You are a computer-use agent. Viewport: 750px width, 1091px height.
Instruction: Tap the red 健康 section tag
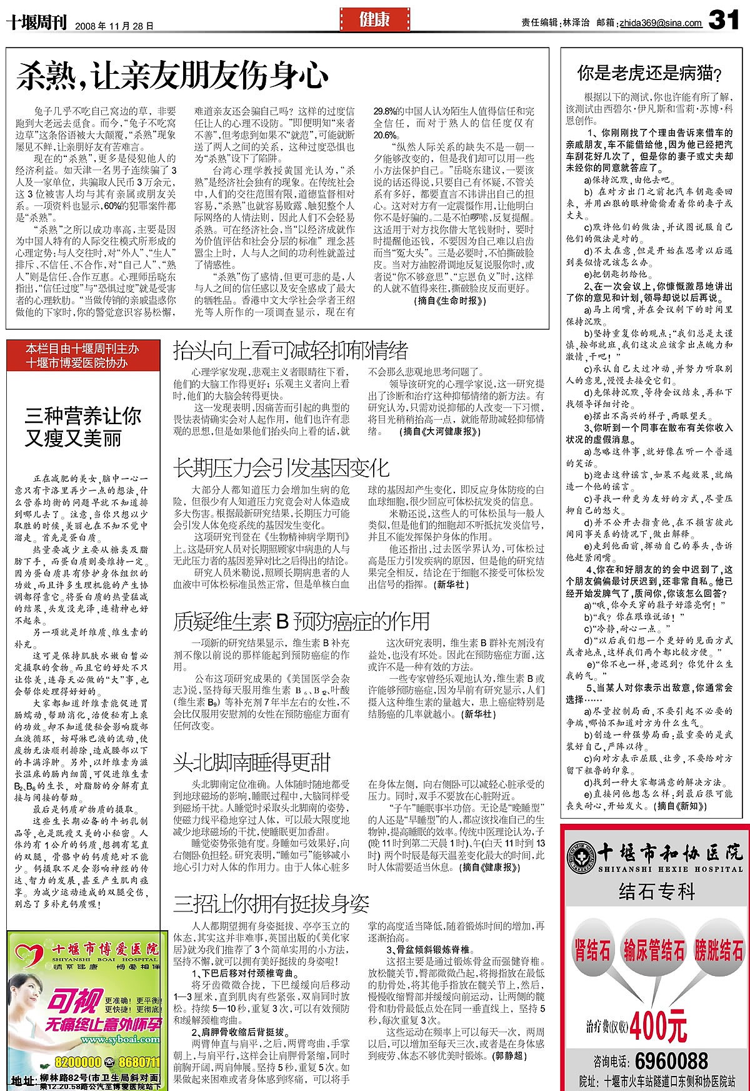[374, 19]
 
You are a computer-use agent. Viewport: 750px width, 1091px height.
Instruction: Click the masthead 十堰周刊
[36, 23]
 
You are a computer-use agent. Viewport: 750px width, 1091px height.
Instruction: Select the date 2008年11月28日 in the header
[114, 26]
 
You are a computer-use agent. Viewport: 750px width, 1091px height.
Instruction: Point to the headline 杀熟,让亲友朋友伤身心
[172, 76]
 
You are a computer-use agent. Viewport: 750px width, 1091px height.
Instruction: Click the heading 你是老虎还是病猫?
[649, 74]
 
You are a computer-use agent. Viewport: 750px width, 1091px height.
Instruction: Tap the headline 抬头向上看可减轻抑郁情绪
[291, 349]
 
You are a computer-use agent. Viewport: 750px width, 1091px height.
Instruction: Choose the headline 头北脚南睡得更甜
[252, 763]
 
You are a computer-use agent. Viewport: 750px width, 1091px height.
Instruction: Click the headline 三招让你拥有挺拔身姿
[271, 903]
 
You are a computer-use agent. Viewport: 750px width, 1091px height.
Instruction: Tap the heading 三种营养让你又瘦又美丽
[83, 427]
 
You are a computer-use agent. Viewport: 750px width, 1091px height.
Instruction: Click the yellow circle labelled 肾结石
[591, 951]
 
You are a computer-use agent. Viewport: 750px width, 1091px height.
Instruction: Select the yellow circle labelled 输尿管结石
[654, 951]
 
